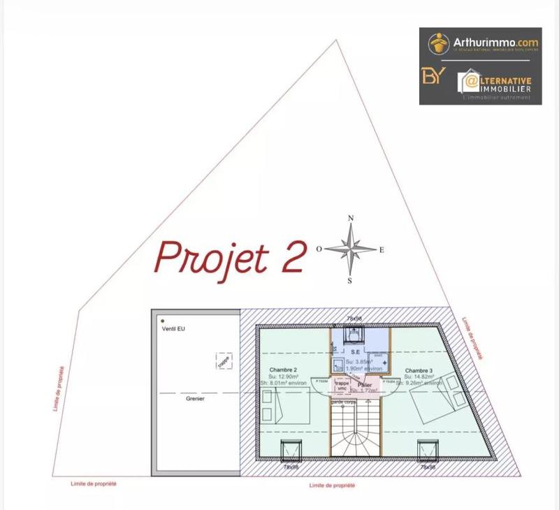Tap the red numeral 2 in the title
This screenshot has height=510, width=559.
pos(291,256)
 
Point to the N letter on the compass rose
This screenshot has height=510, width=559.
pos(351,219)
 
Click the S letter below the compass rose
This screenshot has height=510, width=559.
pos(350,281)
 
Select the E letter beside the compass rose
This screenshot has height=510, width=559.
pos(382,250)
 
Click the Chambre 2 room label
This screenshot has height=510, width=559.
pos(283,370)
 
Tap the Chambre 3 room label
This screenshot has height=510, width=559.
pos(418,370)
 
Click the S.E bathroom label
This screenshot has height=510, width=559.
pos(355,351)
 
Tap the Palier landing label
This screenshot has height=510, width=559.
pos(363,384)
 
